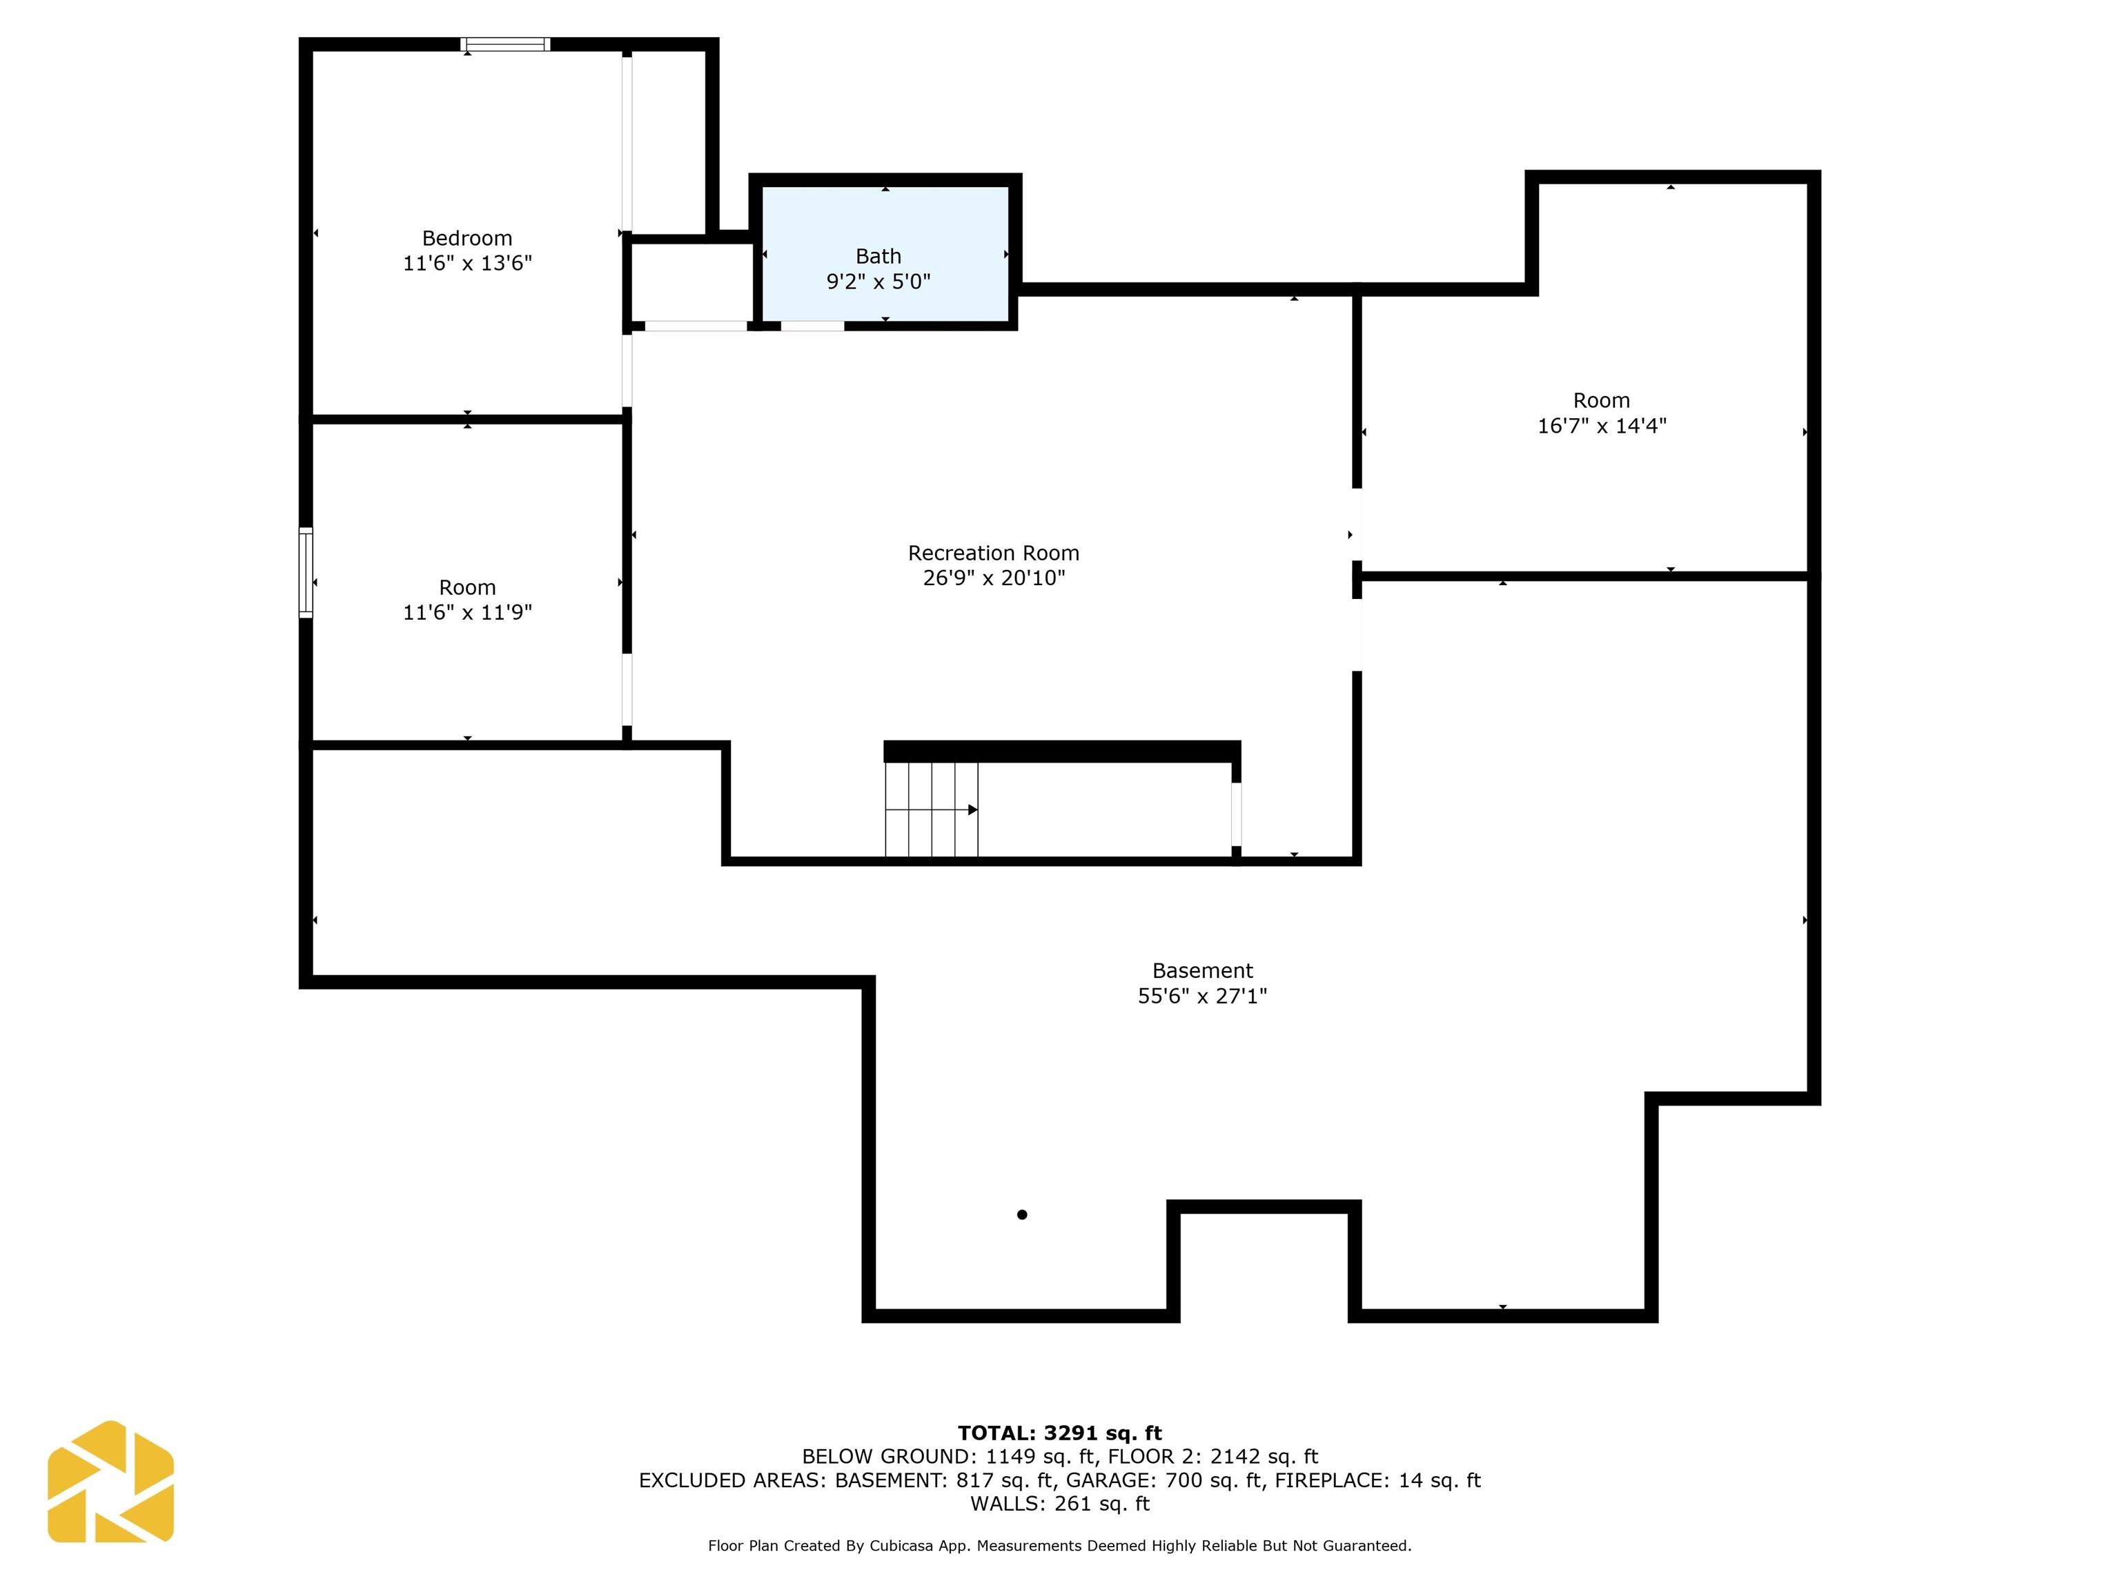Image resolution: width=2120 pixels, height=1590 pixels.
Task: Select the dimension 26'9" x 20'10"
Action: [x=994, y=578]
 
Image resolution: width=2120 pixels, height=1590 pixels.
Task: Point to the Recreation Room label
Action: [x=994, y=553]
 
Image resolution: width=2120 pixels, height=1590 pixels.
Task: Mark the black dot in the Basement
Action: [x=1021, y=1215]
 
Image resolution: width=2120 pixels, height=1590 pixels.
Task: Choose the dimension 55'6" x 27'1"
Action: [x=1202, y=996]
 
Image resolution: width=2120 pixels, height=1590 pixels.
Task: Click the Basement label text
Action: [x=1202, y=971]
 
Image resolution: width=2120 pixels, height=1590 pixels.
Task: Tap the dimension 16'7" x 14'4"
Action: [x=1602, y=426]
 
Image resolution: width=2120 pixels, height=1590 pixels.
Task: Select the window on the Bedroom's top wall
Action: [x=505, y=44]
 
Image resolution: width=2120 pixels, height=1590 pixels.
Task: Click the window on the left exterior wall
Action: [x=306, y=572]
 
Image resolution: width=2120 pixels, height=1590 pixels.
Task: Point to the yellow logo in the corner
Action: [x=110, y=1482]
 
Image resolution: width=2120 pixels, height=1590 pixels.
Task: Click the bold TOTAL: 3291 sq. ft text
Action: [x=1059, y=1433]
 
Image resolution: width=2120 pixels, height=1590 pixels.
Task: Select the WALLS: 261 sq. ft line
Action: [x=1059, y=1504]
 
